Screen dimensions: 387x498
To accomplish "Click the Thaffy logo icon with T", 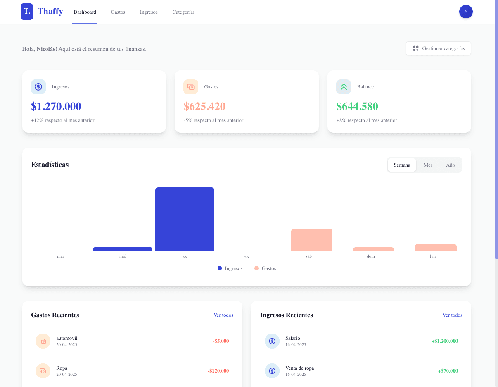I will click(27, 12).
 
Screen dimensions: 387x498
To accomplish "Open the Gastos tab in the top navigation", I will click(118, 12).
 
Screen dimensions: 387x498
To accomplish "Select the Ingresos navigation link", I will click(149, 12).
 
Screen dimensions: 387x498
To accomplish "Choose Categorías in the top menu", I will click(183, 12).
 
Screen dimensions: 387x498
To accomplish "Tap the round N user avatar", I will click(466, 12).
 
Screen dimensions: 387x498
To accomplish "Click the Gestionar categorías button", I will click(438, 48).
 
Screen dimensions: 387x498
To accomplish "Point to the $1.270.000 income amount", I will click(56, 106).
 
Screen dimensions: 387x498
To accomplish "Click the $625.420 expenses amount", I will click(204, 106).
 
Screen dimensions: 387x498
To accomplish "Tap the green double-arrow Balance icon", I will click(344, 87).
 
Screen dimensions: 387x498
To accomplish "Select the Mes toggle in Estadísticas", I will click(428, 165).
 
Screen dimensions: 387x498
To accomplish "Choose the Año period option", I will click(450, 165).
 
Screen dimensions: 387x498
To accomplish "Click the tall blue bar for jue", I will click(185, 219).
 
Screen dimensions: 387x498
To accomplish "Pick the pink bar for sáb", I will click(312, 239).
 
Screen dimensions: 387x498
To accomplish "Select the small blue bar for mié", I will click(123, 249).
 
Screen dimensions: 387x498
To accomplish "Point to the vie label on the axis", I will click(247, 256).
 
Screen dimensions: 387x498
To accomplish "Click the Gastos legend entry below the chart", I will click(265, 268).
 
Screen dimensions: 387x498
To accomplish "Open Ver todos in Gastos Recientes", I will click(223, 315).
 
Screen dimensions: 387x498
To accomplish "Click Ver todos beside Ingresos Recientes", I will click(452, 315).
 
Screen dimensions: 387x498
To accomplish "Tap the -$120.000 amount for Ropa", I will click(218, 371).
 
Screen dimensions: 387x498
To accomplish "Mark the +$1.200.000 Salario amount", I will click(444, 341).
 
